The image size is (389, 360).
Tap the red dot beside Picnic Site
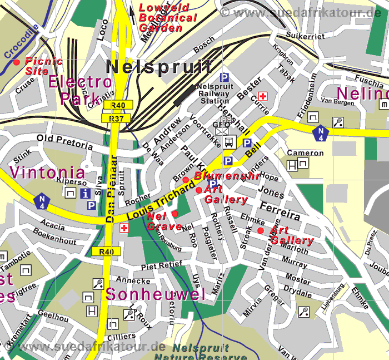[17, 61]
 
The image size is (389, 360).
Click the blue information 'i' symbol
[86, 193]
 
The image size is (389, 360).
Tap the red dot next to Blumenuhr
[186, 179]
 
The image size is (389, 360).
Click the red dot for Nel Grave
[174, 214]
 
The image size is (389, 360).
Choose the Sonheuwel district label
[156, 294]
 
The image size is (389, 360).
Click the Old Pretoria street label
[64, 141]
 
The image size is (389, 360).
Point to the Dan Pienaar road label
[111, 189]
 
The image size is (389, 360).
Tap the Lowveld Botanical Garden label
[168, 17]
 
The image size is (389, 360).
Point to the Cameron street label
[305, 153]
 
